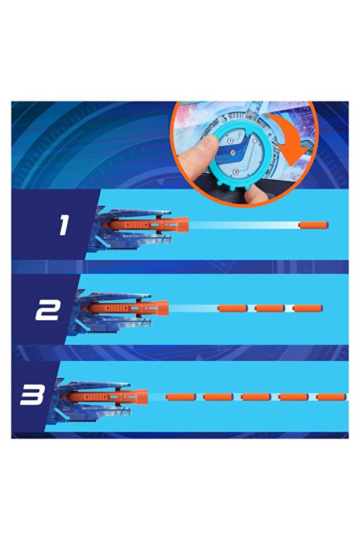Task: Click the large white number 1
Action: point(64,226)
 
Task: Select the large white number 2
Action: point(48,310)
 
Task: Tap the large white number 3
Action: point(32,394)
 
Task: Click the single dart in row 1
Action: point(314,225)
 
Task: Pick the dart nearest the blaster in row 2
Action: point(232,308)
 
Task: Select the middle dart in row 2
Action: point(270,308)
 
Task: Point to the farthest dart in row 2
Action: point(308,308)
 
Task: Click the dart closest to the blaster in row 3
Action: point(181,397)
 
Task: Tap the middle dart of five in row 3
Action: point(256,397)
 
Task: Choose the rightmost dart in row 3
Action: point(331,397)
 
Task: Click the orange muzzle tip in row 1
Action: point(183,224)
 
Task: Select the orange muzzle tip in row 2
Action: point(162,308)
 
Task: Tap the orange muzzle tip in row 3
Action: point(142,397)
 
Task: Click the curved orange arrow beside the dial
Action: point(290,138)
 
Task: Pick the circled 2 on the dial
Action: point(233,153)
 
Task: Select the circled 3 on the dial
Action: point(235,171)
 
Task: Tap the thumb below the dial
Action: point(259,194)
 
